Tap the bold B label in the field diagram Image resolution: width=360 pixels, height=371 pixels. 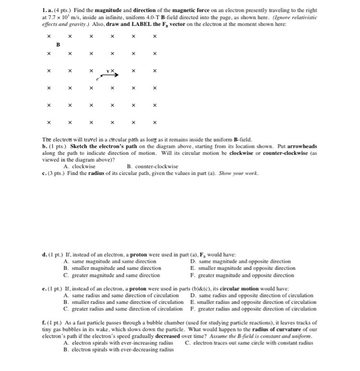[59, 45]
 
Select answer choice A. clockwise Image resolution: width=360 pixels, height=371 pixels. [80, 166]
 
